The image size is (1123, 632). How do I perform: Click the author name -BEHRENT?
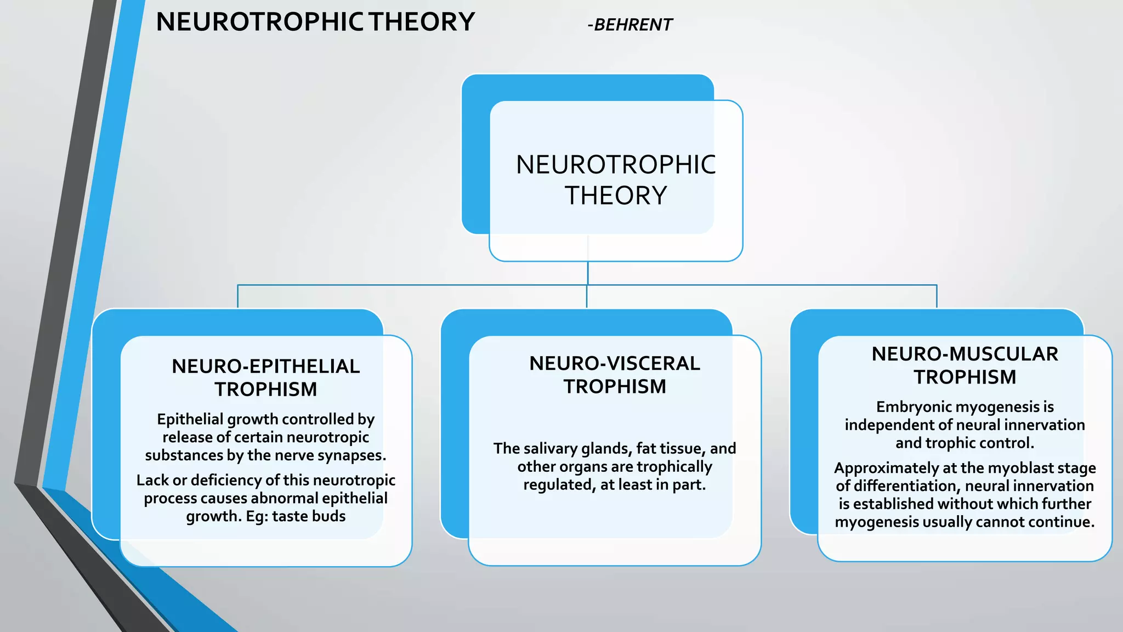coord(629,25)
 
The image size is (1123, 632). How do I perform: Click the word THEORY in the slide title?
coord(422,22)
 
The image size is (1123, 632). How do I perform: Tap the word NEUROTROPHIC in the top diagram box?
coord(615,165)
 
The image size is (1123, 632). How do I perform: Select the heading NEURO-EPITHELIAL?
coord(266,366)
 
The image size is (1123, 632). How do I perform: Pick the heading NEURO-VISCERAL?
coord(615,364)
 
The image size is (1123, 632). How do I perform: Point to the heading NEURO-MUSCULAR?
coord(965,354)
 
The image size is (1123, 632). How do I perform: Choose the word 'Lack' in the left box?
coord(152,481)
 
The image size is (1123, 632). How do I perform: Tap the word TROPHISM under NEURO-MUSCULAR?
coord(965,377)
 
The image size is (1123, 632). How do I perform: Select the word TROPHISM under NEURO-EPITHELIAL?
coord(266,390)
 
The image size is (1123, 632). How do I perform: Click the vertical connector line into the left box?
coord(238,297)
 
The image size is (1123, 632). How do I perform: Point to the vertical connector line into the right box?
coord(937,297)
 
